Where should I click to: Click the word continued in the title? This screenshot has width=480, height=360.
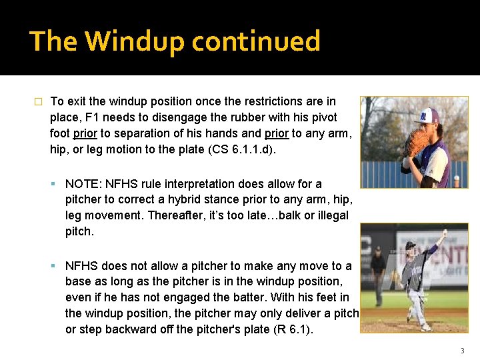coord(256,41)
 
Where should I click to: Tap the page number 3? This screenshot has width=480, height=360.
coord(462,351)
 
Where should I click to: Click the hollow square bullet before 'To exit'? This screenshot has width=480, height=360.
coord(38,102)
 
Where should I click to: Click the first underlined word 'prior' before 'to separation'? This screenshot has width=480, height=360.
coord(84,133)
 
